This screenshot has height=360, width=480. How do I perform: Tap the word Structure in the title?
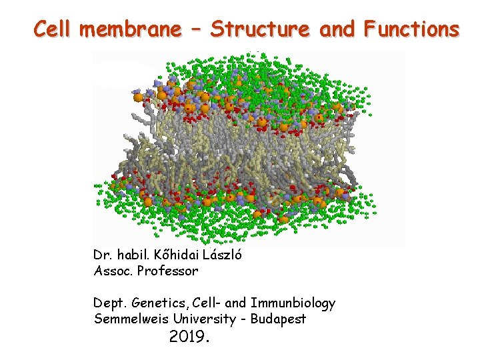coord(260,30)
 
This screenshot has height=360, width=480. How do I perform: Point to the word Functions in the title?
coord(411,30)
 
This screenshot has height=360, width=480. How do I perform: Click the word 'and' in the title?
coord(338,30)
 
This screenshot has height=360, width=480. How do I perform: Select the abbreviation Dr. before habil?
coord(103,255)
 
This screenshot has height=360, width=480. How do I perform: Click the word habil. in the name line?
coord(133,255)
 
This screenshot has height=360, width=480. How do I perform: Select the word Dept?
coord(109,303)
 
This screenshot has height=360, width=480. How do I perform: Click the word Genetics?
coord(157,304)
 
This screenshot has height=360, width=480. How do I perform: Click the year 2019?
coord(189,337)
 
